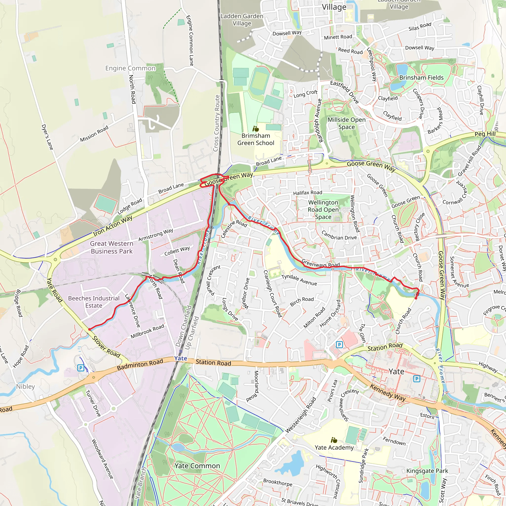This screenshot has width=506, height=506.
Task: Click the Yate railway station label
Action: point(181,358)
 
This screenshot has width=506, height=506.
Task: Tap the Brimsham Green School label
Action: point(256,139)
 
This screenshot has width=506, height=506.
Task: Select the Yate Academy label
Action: point(334,448)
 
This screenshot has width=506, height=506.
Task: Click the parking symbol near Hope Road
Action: point(81,368)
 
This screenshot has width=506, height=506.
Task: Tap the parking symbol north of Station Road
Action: point(339,345)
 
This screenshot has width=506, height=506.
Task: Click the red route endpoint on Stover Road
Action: point(90,330)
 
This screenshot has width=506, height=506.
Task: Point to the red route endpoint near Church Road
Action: point(416,298)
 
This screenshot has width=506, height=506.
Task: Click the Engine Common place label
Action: point(130,68)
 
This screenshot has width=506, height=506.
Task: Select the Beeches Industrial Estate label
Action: point(94,302)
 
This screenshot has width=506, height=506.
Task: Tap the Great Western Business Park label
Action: point(112,247)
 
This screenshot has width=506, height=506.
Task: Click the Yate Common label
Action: point(197,466)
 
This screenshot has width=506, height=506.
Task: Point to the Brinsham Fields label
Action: point(421,78)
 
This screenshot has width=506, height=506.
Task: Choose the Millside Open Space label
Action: point(346,123)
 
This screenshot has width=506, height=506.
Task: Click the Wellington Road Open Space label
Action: point(323,210)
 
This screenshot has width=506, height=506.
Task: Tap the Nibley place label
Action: point(25,387)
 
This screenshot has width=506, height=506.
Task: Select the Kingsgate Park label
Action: point(427,471)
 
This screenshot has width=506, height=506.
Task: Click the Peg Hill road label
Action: point(485,134)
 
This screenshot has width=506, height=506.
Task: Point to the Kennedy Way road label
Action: point(388,393)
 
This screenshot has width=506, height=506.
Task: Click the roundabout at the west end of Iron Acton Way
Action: point(55,260)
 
